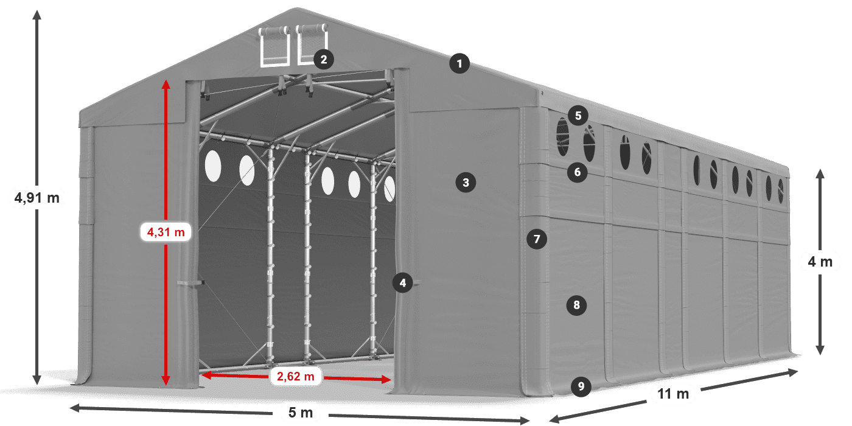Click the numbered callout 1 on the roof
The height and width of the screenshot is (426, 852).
(x=459, y=63)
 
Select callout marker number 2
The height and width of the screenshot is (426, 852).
(x=323, y=59)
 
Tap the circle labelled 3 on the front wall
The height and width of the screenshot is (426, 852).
(x=466, y=182)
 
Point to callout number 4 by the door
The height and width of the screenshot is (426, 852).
(x=402, y=282)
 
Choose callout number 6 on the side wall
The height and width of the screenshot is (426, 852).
(x=577, y=172)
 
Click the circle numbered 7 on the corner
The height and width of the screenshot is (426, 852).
(x=536, y=239)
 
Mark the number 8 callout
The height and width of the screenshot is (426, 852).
(x=576, y=305)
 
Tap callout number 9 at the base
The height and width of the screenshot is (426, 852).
(x=581, y=386)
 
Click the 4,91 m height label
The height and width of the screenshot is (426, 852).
(x=37, y=197)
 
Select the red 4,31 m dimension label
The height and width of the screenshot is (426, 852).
(x=166, y=232)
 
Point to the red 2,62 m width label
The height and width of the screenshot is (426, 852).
(x=295, y=377)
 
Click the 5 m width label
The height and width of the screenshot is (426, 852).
(x=300, y=413)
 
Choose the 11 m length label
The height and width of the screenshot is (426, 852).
(x=673, y=394)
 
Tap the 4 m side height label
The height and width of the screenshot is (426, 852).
(x=820, y=262)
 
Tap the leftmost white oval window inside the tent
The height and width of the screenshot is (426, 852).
(x=213, y=166)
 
